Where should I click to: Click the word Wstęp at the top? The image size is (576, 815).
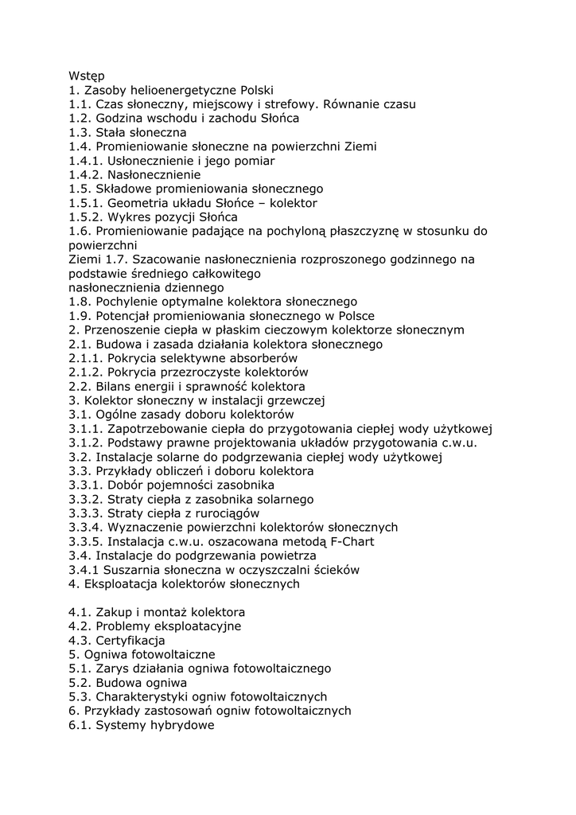(87, 76)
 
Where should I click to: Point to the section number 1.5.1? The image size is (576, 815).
(85, 203)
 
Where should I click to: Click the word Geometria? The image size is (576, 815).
(138, 203)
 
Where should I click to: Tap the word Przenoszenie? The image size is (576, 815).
(119, 330)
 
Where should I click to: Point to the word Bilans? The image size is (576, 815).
(113, 387)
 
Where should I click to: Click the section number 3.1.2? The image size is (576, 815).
(85, 443)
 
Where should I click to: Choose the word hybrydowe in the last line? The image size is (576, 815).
(182, 725)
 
